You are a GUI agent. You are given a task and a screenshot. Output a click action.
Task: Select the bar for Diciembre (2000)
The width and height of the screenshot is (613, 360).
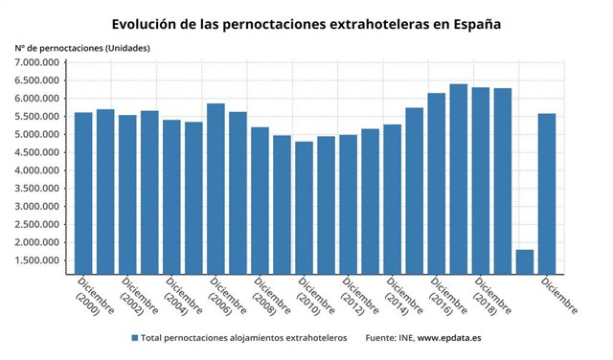coord(83,191)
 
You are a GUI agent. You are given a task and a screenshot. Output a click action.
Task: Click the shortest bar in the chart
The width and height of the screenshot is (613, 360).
coord(525,260)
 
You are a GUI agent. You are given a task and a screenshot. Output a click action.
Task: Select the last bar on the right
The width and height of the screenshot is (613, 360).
coord(547,192)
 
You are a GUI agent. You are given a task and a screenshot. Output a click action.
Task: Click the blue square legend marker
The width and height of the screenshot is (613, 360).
coord(133,338)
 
